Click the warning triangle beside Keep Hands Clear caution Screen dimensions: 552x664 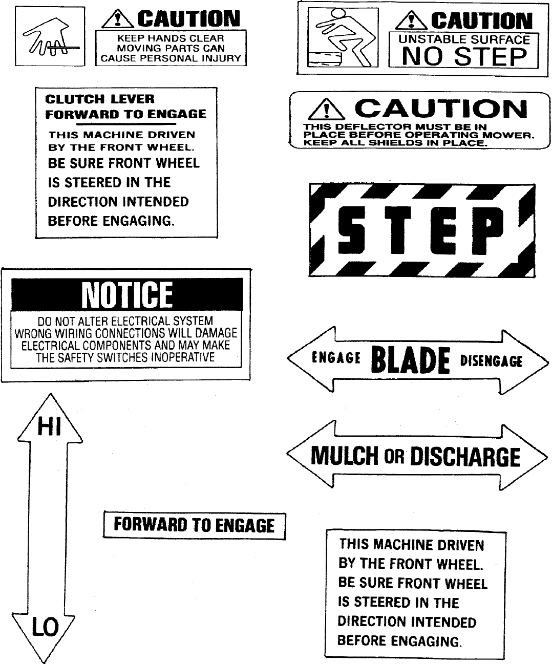118,19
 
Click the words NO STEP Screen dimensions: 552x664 464,56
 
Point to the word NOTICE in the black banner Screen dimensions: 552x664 127,295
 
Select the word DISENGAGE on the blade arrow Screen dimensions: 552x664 491,361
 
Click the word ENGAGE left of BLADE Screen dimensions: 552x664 336,358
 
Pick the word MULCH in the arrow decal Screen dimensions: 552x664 344,456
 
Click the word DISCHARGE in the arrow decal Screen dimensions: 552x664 465,456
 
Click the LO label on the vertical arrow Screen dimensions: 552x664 46,627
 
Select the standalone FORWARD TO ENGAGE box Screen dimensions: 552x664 194,525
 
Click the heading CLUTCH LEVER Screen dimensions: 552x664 99,99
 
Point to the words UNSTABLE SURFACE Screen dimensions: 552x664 464,39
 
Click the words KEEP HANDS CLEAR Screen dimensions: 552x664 171,38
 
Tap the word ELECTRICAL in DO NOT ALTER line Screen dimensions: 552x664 141,322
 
